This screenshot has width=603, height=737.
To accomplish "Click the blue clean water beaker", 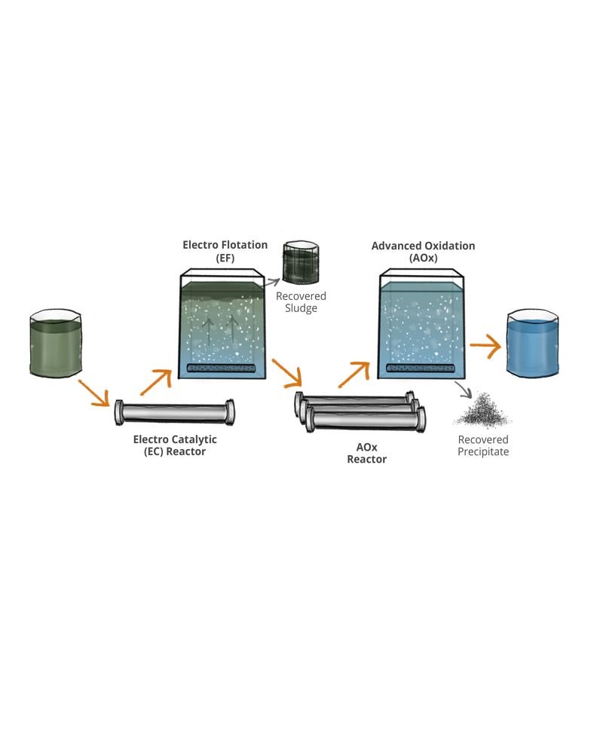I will click(534, 344).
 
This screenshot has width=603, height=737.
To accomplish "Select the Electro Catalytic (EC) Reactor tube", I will click(174, 413).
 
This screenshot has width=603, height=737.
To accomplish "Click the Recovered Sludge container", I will click(301, 262).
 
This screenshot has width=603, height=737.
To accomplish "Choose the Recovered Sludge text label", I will click(301, 302).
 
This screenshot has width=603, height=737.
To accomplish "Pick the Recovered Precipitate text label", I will click(483, 445).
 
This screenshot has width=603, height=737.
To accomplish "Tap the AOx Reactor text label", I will click(366, 453).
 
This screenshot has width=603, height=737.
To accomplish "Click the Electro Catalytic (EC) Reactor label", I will click(175, 445).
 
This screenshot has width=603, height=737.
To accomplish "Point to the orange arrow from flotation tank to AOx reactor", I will click(287, 372).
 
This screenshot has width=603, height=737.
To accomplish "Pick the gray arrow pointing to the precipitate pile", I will click(464, 390).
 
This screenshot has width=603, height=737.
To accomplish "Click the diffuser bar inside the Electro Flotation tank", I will click(225, 368).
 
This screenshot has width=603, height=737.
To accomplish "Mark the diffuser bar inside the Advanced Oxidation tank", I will click(423, 368).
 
